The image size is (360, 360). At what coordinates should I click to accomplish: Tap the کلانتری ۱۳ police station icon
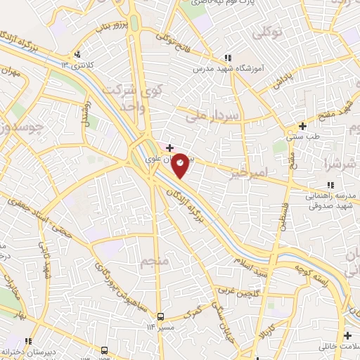[78, 55]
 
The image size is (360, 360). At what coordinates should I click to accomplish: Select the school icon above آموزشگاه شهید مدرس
[226, 59]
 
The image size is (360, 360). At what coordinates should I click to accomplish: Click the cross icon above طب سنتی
[302, 127]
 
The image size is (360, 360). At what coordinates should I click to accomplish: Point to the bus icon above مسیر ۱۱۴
[161, 316]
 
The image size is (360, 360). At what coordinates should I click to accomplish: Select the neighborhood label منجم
[156, 262]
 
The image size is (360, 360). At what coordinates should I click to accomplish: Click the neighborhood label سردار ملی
[212, 117]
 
